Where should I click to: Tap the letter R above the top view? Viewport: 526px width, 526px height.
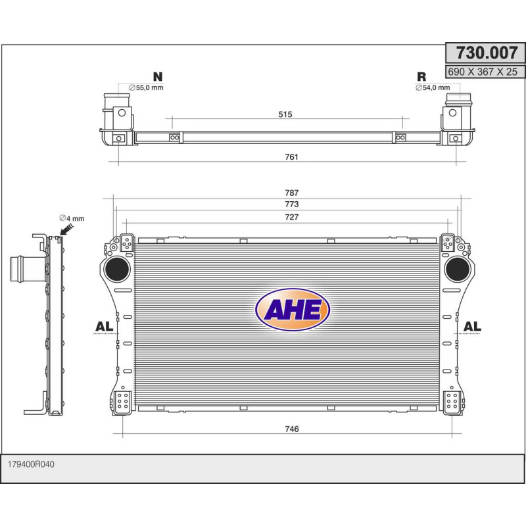coord(421,76)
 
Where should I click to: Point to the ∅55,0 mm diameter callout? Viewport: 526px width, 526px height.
coord(145,87)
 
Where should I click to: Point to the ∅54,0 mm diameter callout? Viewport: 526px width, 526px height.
coord(432,87)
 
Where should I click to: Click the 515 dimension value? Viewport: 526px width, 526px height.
coord(285,114)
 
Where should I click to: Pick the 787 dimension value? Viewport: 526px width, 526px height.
coord(292,193)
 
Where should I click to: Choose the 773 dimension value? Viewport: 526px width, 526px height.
coord(292,204)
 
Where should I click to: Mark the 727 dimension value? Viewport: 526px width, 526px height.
coord(292,217)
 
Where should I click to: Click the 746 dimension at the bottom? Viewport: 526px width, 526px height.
coord(292,429)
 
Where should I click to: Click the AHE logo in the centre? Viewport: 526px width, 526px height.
coord(292,310)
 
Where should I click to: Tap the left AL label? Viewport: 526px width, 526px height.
coord(104,326)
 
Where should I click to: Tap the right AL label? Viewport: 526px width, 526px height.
coord(472,326)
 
